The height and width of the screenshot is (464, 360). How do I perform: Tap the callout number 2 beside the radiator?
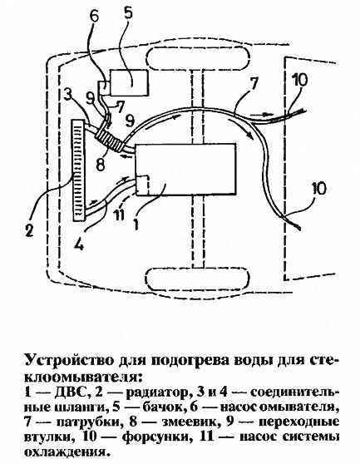coord(29,230)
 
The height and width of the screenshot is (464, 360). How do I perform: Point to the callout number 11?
coord(119,215)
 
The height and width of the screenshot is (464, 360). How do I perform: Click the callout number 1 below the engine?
coord(136,224)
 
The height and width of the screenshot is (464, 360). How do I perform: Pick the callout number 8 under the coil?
coord(101,165)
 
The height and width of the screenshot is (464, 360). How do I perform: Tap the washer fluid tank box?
coord(129,82)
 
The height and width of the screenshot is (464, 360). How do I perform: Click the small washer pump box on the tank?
coord(104,87)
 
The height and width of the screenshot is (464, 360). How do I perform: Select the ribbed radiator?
coord(78,170)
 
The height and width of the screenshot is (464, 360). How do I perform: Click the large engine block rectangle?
coord(185,170)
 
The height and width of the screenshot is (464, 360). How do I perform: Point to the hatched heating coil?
coord(109,139)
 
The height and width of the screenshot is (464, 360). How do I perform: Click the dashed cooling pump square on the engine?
coord(143,185)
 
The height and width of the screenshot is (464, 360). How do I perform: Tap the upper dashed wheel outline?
coord(197,58)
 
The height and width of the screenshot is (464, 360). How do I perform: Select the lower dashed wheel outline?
coord(196,279)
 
